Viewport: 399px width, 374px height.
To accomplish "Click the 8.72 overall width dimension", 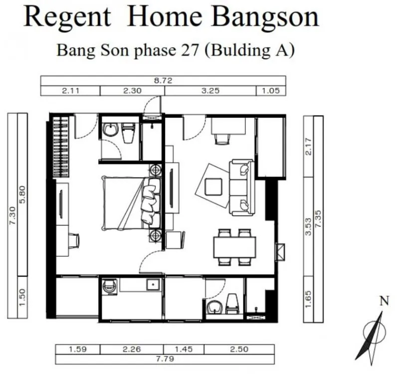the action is pyautogui.click(x=163, y=81).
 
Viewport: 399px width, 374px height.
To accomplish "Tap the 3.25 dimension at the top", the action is pyautogui.click(x=210, y=91).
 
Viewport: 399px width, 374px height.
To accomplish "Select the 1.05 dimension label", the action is pyautogui.click(x=271, y=91).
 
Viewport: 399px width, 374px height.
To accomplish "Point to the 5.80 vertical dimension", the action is pyautogui.click(x=22, y=194).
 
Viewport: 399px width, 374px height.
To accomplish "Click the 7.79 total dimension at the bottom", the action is pyautogui.click(x=165, y=359).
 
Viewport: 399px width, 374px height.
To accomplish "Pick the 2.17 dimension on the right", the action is pyautogui.click(x=308, y=147).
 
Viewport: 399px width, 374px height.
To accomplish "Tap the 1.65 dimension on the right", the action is pyautogui.click(x=308, y=299).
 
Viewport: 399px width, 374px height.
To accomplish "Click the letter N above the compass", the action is pyautogui.click(x=384, y=301).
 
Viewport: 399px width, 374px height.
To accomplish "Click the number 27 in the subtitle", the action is pyautogui.click(x=190, y=50).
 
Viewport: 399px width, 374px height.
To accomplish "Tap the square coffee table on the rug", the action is pyautogui.click(x=213, y=187).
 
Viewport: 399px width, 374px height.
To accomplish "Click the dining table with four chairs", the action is pyautogui.click(x=234, y=247).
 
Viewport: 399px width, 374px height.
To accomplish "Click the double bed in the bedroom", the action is pyautogui.click(x=131, y=203).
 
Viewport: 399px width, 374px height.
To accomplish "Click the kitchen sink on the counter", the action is pyautogui.click(x=153, y=284).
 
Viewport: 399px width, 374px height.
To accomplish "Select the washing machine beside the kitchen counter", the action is pyautogui.click(x=110, y=287).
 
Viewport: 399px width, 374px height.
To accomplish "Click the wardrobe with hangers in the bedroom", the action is pyautogui.click(x=60, y=146).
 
